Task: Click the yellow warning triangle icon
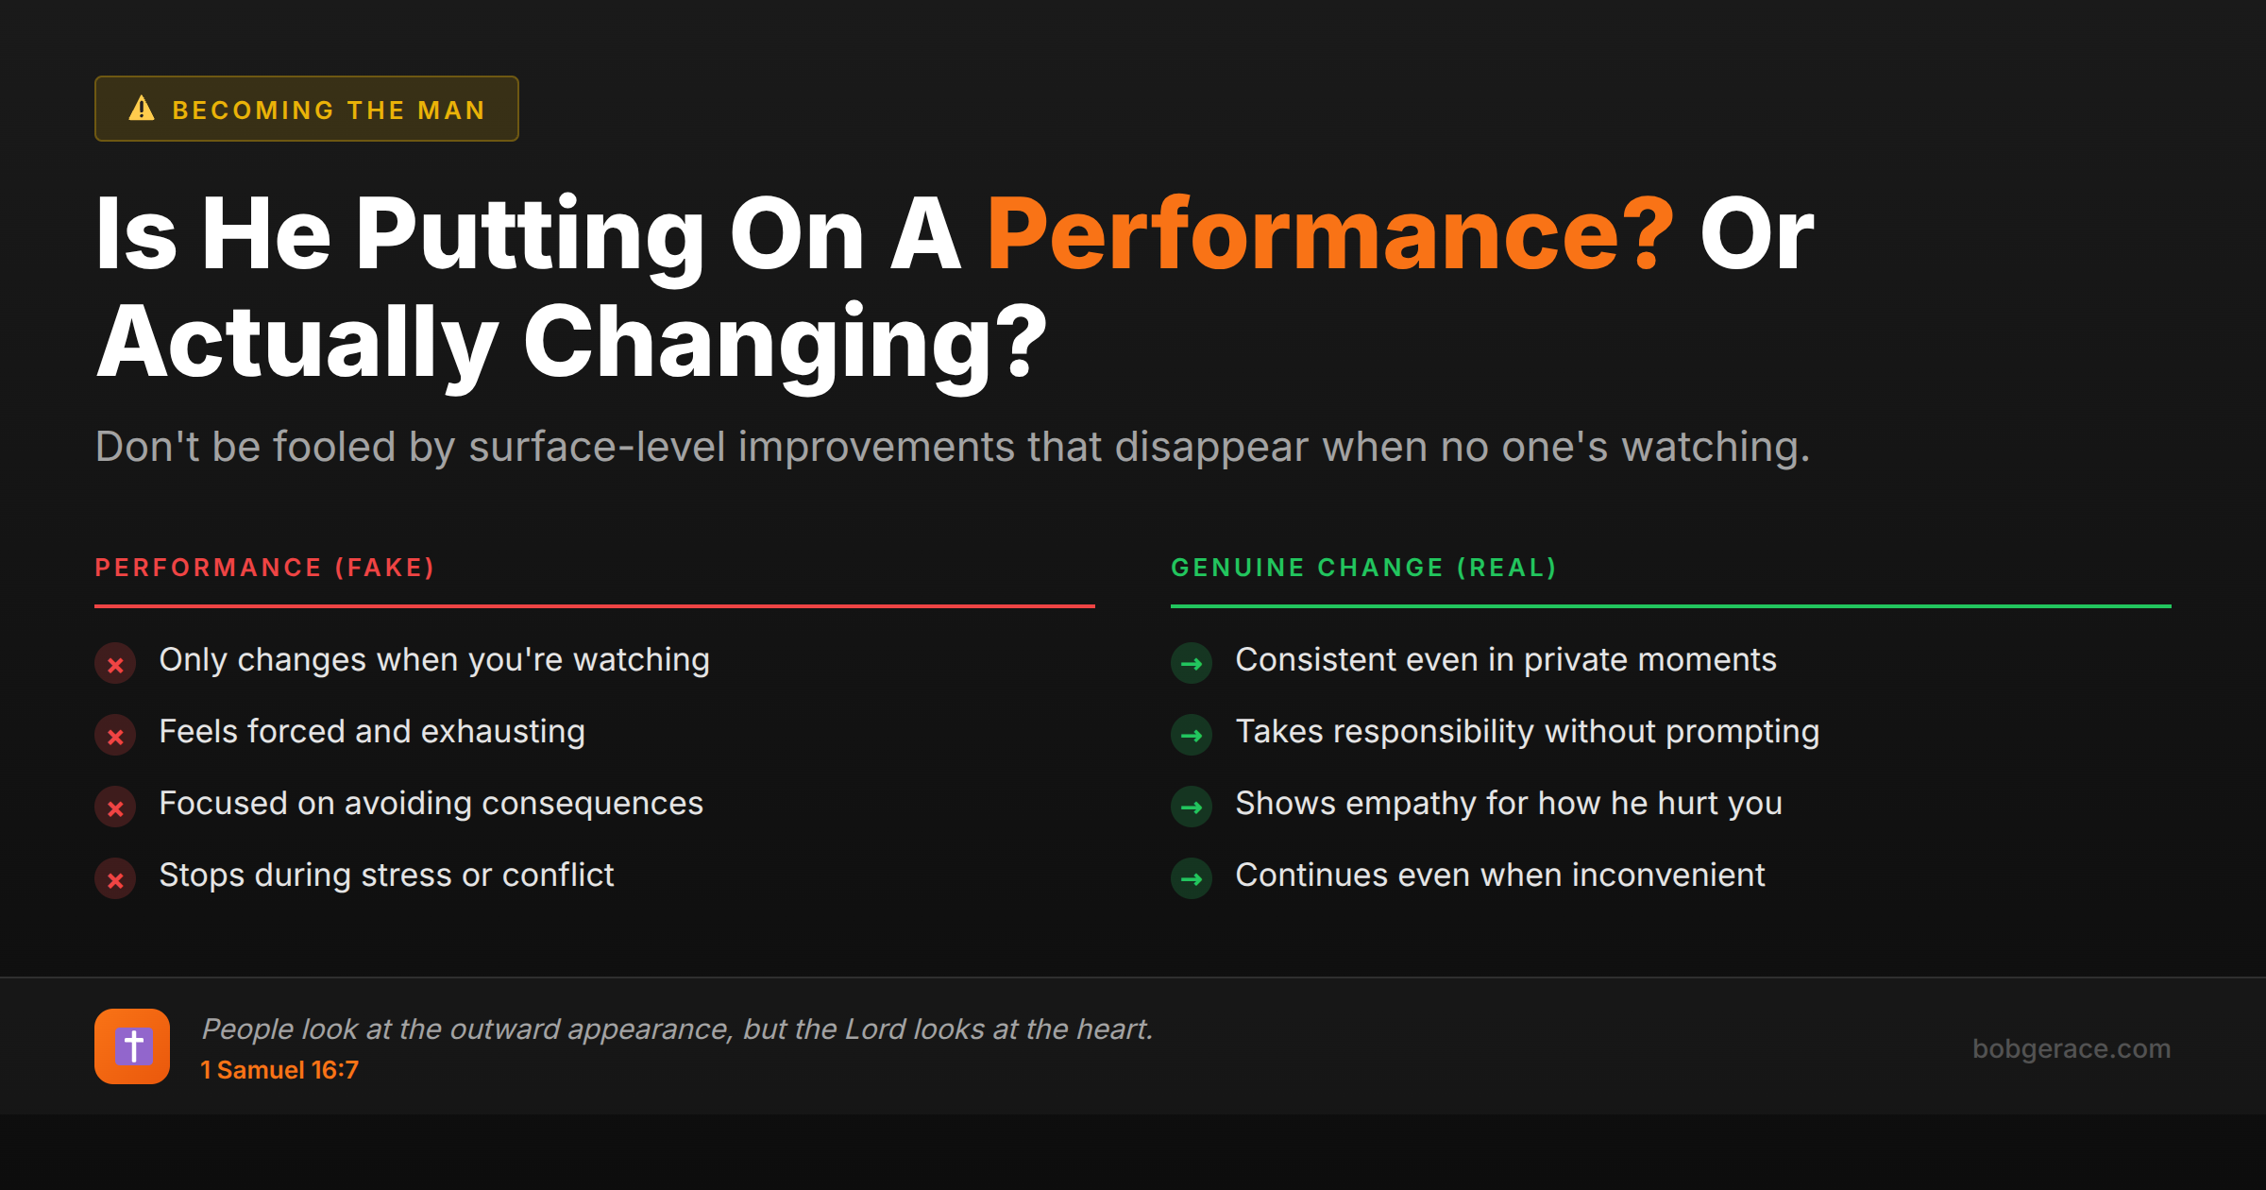pos(142,109)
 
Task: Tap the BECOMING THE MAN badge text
pos(328,110)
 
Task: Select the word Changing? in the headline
pos(784,342)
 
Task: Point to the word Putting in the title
pos(529,234)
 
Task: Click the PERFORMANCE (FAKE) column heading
pos(264,568)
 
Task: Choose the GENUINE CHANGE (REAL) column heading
pos(1363,568)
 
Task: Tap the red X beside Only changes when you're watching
pos(115,664)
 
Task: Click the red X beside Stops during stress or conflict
pos(115,879)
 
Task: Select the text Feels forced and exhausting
pos(372,732)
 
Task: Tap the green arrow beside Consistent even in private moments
pos(1192,664)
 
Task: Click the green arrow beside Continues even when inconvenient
pos(1192,879)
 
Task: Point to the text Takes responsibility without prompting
pos(1527,732)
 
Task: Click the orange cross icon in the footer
pos(132,1046)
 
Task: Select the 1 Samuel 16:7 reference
pos(279,1070)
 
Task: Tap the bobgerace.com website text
pos(2071,1048)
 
